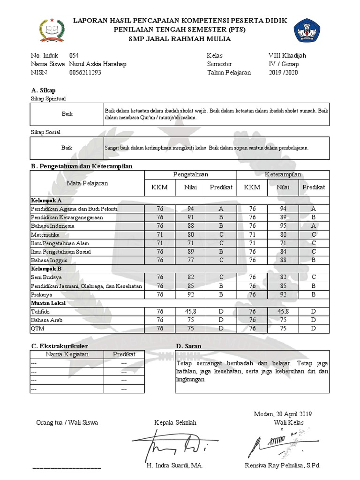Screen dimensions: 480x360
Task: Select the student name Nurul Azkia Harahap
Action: [x=97, y=64]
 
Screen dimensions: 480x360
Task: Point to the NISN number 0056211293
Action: [x=85, y=73]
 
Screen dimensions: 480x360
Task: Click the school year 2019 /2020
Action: [x=283, y=73]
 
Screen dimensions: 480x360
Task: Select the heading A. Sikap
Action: [x=43, y=90]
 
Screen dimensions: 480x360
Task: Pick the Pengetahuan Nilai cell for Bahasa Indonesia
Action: [x=190, y=226]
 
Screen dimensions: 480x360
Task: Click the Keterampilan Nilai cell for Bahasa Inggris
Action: [x=283, y=260]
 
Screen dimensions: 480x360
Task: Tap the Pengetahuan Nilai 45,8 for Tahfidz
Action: [x=190, y=312]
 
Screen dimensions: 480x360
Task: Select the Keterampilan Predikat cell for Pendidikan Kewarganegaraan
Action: [x=314, y=217]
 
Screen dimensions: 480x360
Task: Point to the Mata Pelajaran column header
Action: [x=87, y=183]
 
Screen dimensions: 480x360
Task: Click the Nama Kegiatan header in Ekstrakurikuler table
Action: [x=67, y=354]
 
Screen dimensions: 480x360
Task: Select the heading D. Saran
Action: [x=188, y=346]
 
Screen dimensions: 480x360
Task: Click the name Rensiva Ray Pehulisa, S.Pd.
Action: [x=282, y=466]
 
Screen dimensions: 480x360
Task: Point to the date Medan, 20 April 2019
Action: [x=283, y=414]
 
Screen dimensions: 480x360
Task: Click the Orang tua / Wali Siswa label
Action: [x=67, y=423]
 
